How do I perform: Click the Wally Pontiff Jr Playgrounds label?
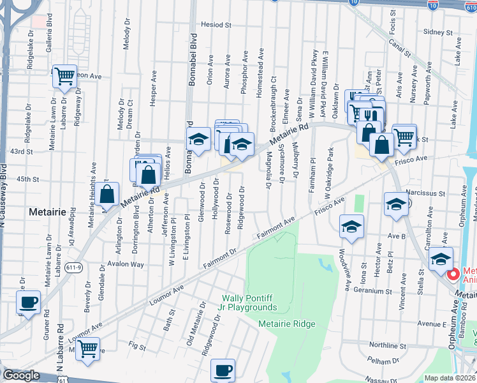point(249,303)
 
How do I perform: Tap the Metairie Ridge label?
point(287,324)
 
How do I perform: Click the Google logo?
point(21,375)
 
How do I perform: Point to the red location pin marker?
point(453,274)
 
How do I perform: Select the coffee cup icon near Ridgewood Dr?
point(223,370)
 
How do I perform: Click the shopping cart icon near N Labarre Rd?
point(88,349)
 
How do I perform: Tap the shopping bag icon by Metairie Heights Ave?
point(108,194)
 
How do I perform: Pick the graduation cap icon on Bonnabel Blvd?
point(198,139)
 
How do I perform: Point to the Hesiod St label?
point(216,25)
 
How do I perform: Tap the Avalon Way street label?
point(126,264)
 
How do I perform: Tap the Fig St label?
point(136,345)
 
